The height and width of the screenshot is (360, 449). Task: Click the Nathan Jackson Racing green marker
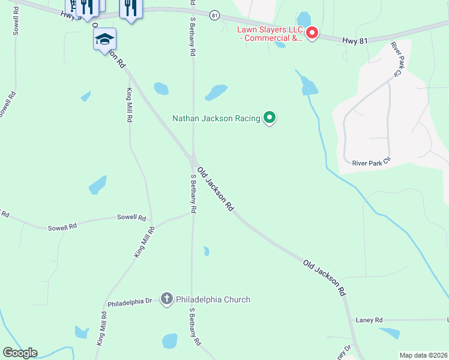tap(270, 118)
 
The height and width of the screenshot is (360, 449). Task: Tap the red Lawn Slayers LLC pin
tap(312, 33)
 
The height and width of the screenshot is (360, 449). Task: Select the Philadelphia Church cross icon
tap(167, 299)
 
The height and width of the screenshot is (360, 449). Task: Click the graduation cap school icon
tap(104, 40)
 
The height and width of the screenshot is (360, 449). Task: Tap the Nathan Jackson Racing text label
tap(216, 118)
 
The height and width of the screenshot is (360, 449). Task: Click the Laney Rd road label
tap(369, 320)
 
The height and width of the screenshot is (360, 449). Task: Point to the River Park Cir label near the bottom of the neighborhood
tap(371, 163)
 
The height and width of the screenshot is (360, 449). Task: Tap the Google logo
tap(20, 353)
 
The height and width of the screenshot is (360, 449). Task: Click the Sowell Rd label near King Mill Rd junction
tap(131, 217)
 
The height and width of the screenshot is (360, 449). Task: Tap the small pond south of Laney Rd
tap(390, 333)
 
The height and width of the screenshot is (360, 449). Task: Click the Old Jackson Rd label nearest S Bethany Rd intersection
tap(215, 188)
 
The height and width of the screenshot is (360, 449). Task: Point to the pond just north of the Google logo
tap(82, 332)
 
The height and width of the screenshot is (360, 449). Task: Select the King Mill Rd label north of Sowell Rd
tap(129, 105)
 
